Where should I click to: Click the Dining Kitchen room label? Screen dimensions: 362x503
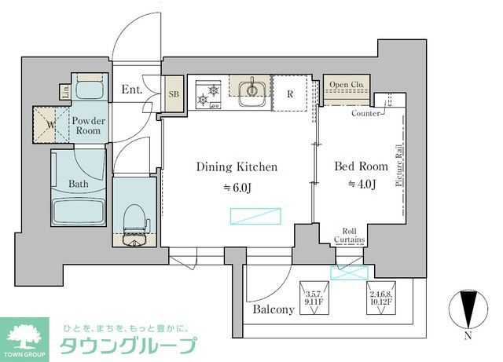237,167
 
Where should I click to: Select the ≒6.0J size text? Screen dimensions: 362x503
237,187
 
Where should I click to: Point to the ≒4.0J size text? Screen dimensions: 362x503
362,185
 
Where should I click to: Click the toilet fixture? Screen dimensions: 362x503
134,216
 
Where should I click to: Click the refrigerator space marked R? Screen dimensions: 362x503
290,94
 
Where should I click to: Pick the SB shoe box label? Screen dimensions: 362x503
174,94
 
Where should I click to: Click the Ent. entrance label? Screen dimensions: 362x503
132,90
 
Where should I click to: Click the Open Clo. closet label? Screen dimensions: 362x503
346,85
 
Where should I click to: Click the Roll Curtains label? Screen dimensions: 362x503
348,236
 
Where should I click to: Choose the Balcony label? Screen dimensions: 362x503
274,309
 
